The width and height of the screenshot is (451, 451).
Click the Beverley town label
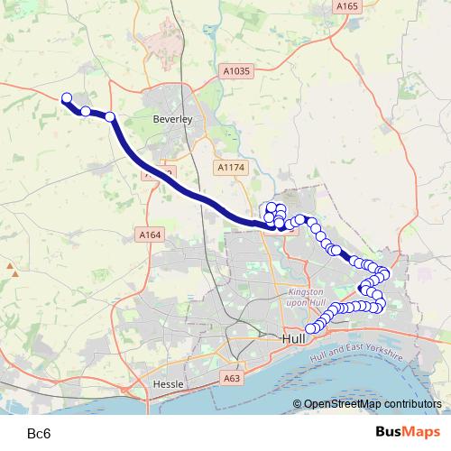173,118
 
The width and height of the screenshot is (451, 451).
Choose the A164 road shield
150,235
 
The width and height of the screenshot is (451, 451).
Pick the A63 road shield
232,380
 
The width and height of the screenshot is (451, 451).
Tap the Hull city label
292,338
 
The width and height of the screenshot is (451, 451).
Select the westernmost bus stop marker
66,98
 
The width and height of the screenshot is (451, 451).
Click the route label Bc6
39,434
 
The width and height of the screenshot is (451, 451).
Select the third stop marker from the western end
110,116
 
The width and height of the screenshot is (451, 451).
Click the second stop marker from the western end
86,111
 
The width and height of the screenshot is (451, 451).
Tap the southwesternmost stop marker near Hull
311,328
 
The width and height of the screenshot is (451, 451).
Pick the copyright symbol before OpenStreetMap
298,405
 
